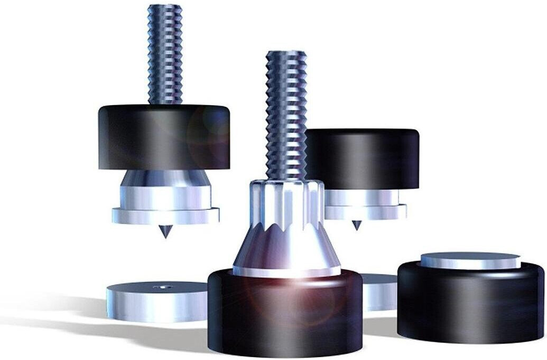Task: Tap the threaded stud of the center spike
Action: (x=286, y=116)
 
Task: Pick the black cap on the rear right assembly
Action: (x=365, y=159)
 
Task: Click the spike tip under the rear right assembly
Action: (x=357, y=225)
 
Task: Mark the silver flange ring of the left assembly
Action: (x=165, y=215)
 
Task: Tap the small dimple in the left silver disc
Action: (x=162, y=288)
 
